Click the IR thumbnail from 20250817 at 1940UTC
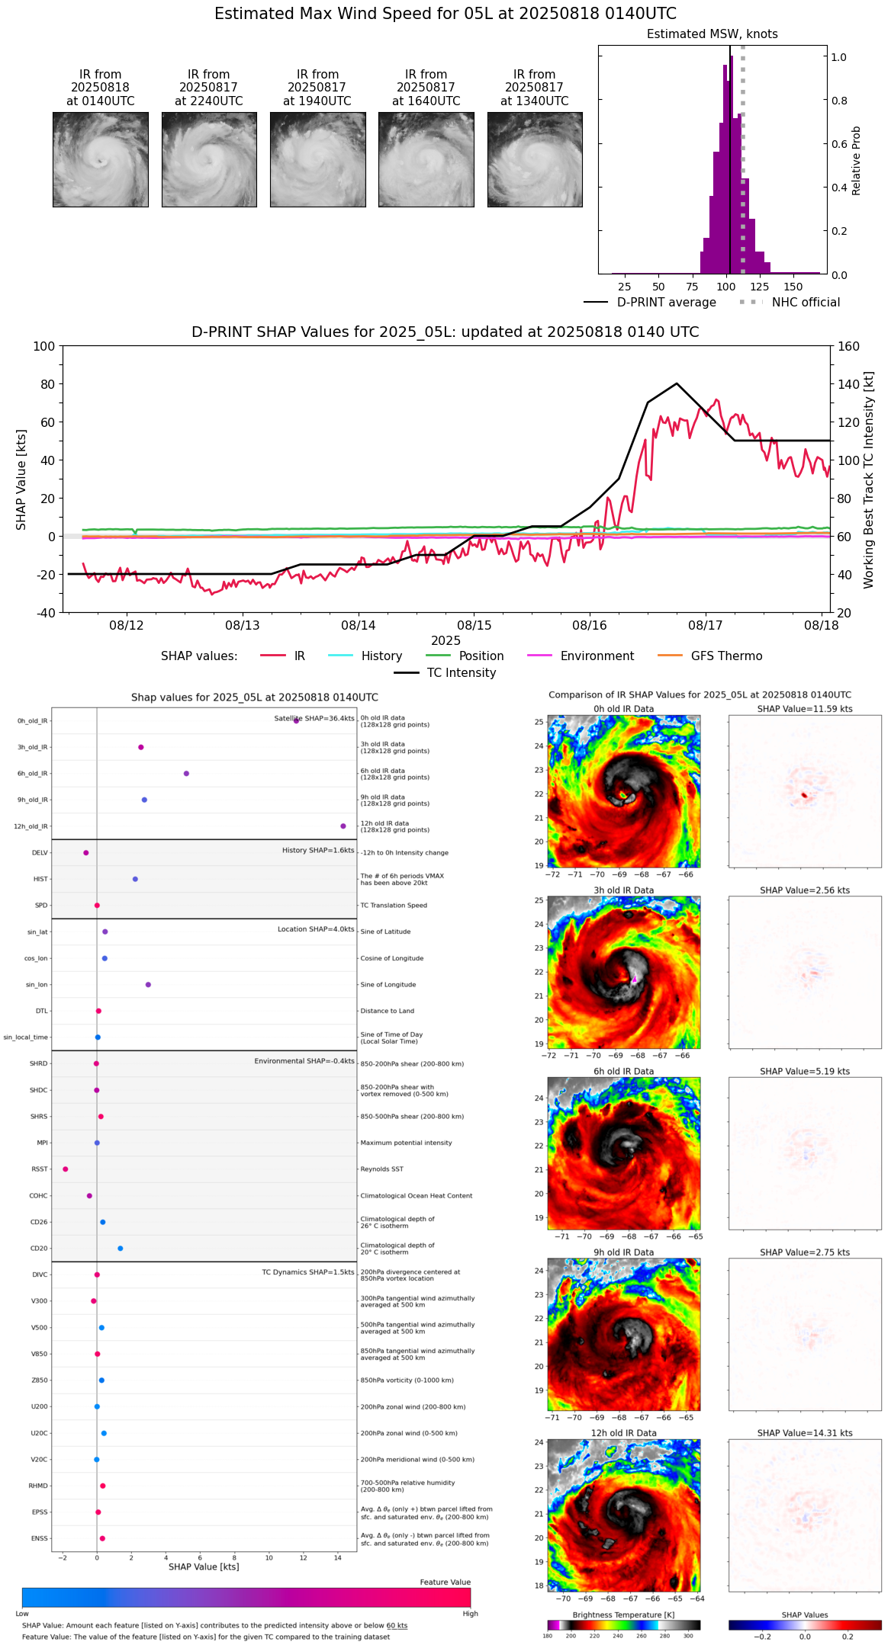tap(317, 159)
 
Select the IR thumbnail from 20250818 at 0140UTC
tap(101, 159)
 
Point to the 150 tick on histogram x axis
tap(793, 287)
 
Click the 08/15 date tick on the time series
tap(474, 625)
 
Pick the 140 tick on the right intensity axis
tap(849, 384)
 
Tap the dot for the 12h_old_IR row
tap(343, 826)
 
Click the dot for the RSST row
tap(66, 1169)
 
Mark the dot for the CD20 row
tap(121, 1249)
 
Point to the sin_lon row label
tap(37, 985)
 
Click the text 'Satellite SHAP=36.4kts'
tap(314, 719)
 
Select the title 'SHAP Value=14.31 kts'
tap(805, 1433)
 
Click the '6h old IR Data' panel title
tap(623, 1071)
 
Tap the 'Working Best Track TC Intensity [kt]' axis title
tap(869, 480)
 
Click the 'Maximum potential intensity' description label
tap(406, 1143)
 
